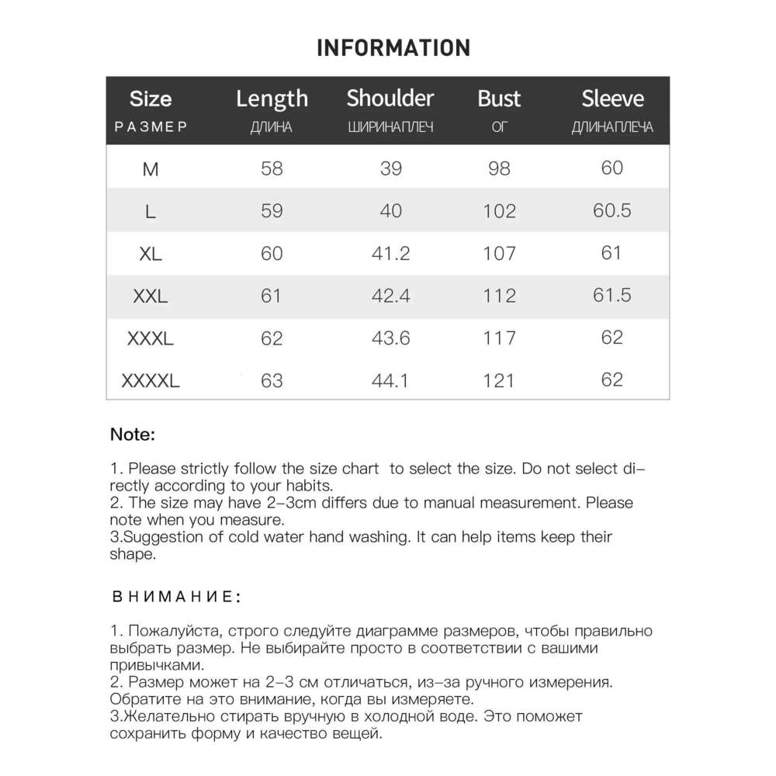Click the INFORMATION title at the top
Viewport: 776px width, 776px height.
click(x=393, y=47)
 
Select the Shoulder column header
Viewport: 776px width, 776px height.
click(x=390, y=99)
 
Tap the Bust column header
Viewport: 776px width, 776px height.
click(x=499, y=99)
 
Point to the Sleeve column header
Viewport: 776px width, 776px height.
click(x=612, y=99)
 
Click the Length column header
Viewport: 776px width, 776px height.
click(x=272, y=99)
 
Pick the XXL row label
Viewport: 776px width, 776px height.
click(x=151, y=296)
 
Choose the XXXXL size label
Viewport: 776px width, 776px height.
click(x=151, y=381)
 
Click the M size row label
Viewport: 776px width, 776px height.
click(x=151, y=168)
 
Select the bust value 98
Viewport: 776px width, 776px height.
click(x=499, y=168)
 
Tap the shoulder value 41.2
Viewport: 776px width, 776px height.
click(x=390, y=253)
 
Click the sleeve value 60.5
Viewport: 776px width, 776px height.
click(x=611, y=210)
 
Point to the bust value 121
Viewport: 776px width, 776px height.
click(x=499, y=381)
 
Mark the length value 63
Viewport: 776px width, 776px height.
click(x=272, y=381)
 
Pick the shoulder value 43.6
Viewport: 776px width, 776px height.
click(x=390, y=338)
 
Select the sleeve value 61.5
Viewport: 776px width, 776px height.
click(x=611, y=296)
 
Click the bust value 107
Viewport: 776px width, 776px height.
click(x=499, y=253)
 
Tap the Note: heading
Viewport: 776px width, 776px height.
click(x=133, y=435)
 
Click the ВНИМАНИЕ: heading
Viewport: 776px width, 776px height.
click(x=177, y=597)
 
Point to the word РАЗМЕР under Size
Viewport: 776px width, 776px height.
click(x=151, y=127)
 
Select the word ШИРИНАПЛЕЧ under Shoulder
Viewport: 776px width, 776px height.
click(x=390, y=127)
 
